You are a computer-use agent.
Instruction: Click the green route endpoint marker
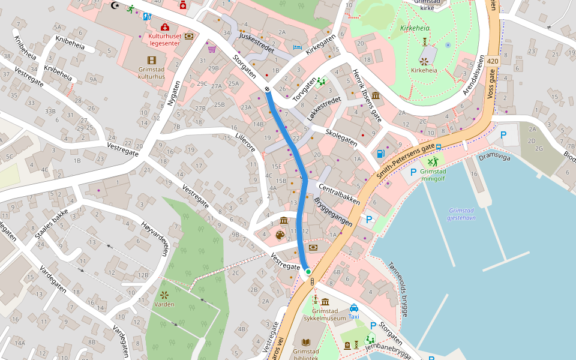(x=308, y=272)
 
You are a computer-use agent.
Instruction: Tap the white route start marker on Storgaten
(x=267, y=89)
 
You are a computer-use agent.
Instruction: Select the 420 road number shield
(x=493, y=61)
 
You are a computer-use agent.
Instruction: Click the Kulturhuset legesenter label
(x=165, y=40)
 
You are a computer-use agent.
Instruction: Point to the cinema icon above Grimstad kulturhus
(x=151, y=60)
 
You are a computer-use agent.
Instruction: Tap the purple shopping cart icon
(x=212, y=49)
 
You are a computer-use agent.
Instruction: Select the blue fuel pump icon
(x=380, y=153)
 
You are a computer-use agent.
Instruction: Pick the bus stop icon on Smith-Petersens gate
(x=439, y=146)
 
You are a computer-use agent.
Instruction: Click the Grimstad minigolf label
(x=433, y=175)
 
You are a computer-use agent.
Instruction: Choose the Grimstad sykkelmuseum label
(x=325, y=314)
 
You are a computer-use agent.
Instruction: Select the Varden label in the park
(x=164, y=304)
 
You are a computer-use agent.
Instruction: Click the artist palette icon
(x=280, y=235)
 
